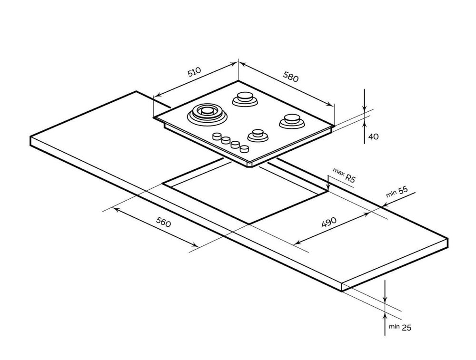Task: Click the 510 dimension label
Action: pos(194,72)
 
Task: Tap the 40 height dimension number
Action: pos(373,136)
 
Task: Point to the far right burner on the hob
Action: pos(291,121)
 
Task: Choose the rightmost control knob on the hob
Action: pos(244,149)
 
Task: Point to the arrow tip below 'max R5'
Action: pos(328,189)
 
